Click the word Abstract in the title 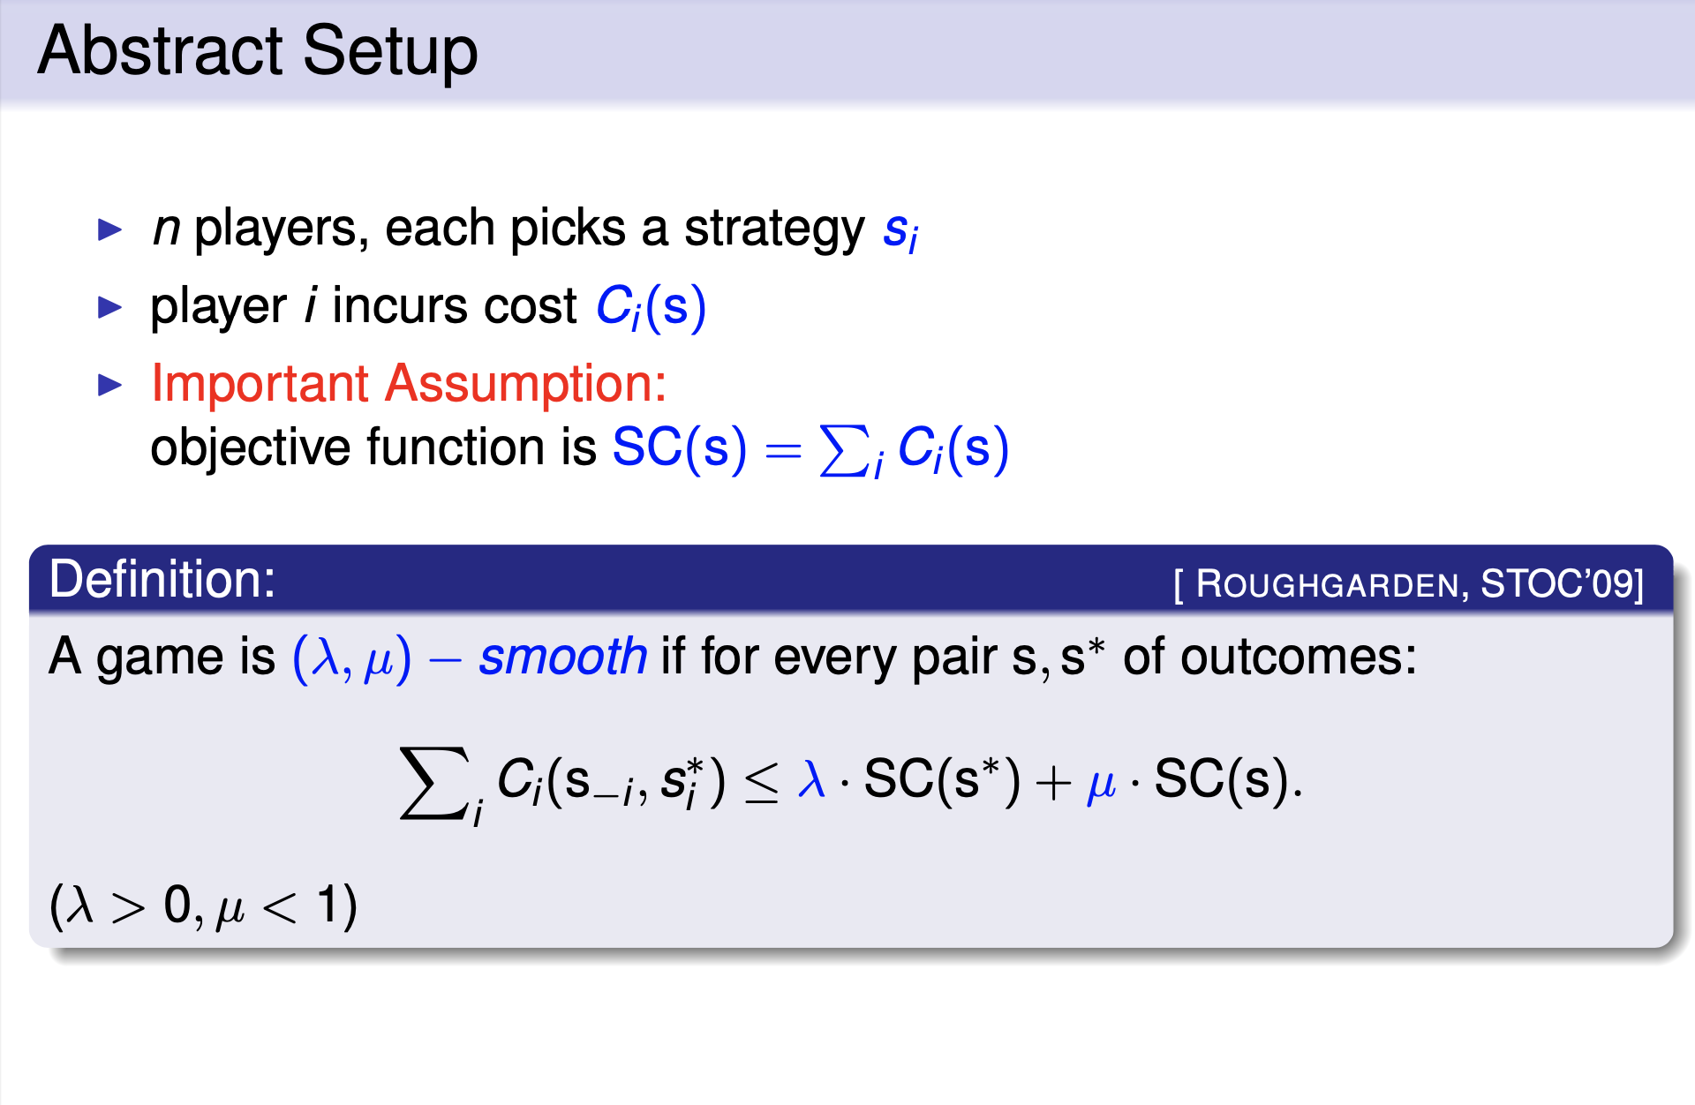160,50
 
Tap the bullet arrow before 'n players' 110,229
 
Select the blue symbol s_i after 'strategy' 900,232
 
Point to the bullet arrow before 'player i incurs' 110,307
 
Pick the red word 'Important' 260,385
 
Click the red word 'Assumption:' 526,385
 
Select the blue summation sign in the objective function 844,450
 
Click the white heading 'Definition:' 162,579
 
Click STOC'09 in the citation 1557,583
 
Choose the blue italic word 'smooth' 563,657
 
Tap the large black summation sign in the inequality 433,783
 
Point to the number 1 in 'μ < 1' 328,905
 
